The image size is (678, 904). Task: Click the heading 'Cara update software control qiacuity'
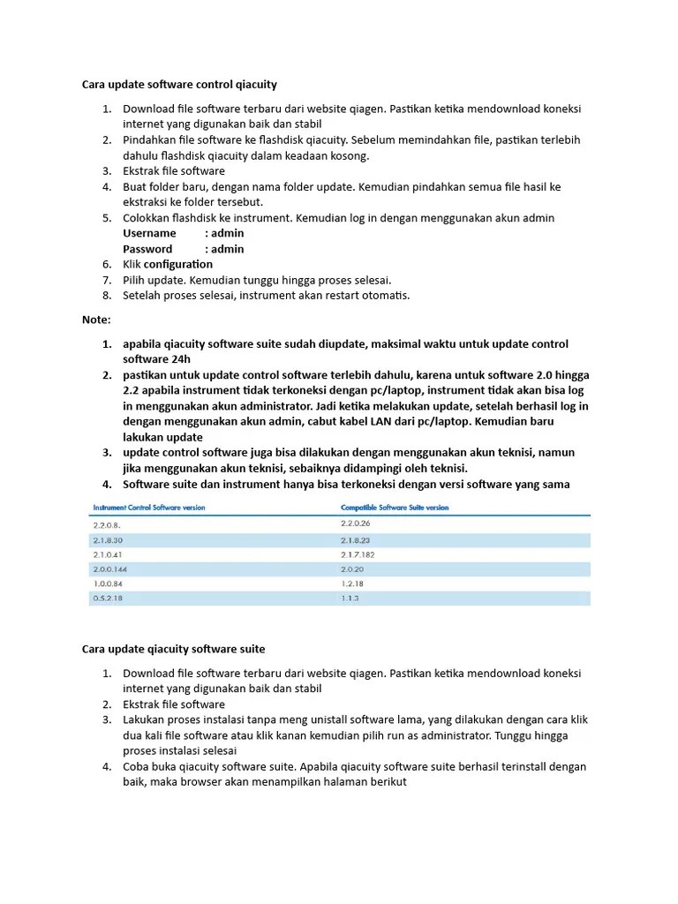pos(179,85)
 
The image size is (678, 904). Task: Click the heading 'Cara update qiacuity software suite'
pos(173,649)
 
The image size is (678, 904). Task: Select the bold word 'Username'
pos(149,233)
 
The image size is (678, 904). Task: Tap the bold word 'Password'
pos(147,249)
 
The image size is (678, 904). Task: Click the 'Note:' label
pos(96,319)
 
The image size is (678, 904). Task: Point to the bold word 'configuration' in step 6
pos(178,264)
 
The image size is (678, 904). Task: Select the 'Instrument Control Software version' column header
pos(148,508)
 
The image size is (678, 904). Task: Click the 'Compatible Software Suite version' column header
pos(395,508)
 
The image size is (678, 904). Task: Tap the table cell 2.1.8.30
pos(108,539)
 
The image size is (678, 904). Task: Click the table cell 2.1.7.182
pos(358,554)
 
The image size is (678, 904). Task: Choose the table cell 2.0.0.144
pos(109,569)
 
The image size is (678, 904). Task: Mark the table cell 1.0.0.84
pos(108,584)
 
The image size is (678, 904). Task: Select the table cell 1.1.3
pos(350,599)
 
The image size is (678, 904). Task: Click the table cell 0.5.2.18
pos(108,599)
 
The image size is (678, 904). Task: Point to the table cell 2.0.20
pos(353,569)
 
